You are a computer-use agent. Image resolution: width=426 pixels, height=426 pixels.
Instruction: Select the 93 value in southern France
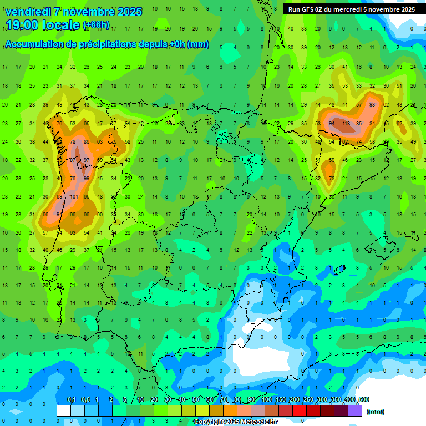pyautogui.click(x=372, y=104)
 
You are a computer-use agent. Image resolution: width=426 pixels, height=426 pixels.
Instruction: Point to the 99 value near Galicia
pyautogui.click(x=87, y=178)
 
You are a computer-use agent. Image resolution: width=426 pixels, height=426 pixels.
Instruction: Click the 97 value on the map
pyautogui.click(x=86, y=160)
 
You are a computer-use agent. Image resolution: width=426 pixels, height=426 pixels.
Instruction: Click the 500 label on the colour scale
pyautogui.click(x=363, y=399)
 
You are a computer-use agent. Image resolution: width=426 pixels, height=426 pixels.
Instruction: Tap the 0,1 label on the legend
pyautogui.click(x=72, y=399)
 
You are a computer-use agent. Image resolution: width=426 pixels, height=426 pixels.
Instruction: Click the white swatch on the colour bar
pyautogui.click(x=64, y=410)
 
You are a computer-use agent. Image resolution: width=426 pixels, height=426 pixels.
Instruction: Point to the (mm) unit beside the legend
pyautogui.click(x=376, y=412)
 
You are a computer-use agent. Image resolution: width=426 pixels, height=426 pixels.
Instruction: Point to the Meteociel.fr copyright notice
pyautogui.click(x=235, y=422)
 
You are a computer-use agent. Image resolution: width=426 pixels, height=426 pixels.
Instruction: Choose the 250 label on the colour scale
pyautogui.click(x=308, y=399)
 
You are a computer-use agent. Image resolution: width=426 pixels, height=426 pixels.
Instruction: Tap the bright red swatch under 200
pyautogui.click(x=300, y=410)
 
